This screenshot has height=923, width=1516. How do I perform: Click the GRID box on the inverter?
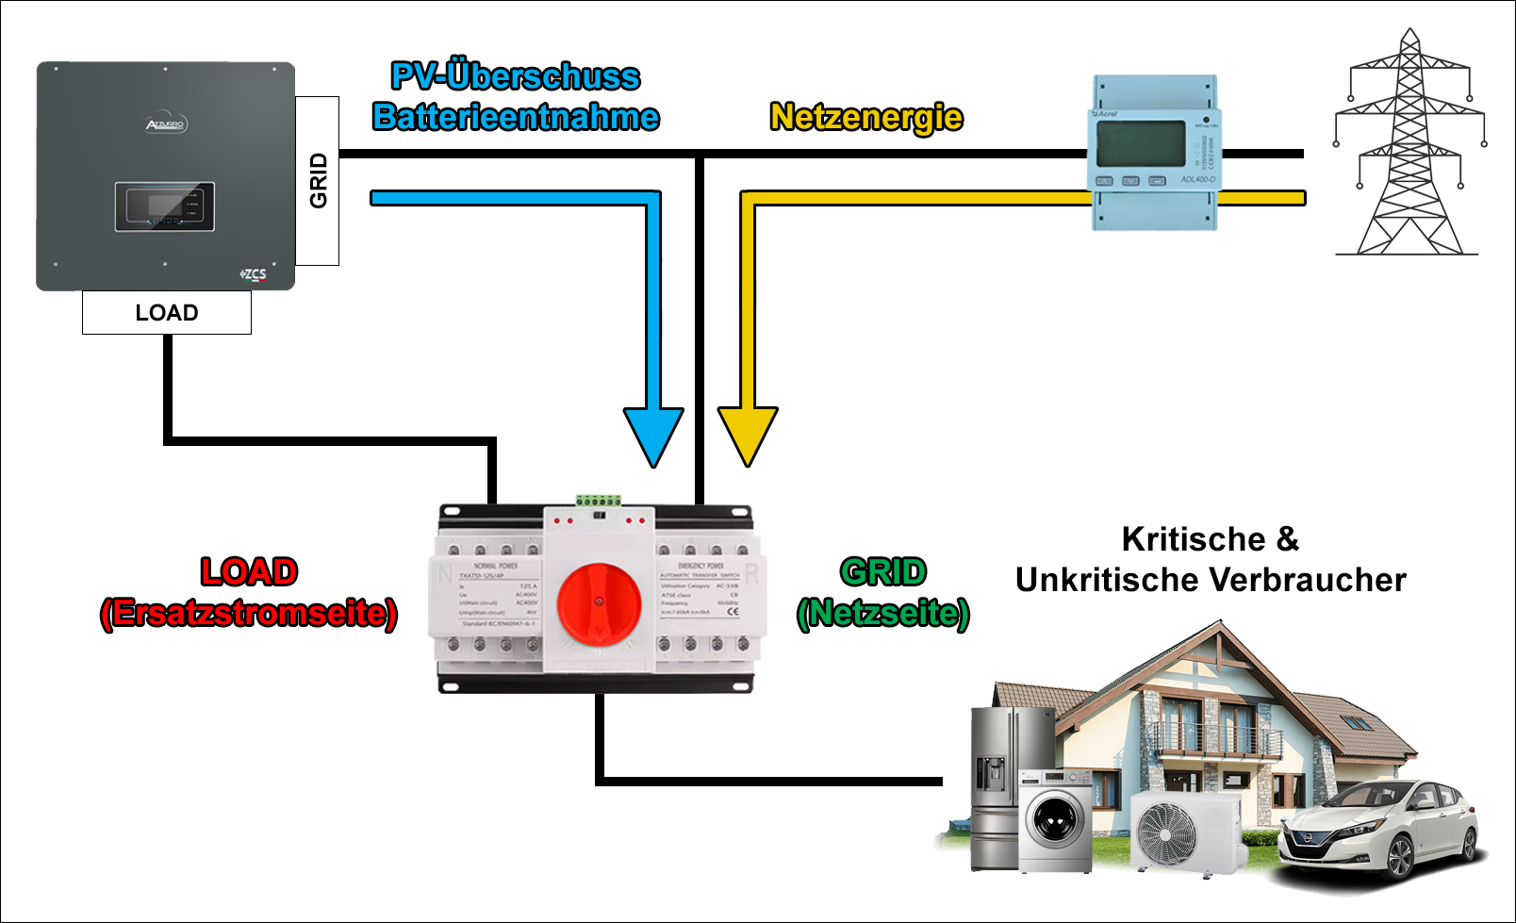(318, 180)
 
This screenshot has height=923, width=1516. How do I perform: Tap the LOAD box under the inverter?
(167, 312)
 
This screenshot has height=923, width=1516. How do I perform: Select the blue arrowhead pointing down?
(653, 436)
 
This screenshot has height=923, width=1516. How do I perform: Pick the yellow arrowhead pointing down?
(748, 436)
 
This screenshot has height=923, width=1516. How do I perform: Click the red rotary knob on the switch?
(599, 603)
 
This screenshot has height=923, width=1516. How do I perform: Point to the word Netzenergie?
(866, 118)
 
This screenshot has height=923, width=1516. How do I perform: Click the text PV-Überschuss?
(516, 76)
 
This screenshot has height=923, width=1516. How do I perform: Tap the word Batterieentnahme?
(516, 117)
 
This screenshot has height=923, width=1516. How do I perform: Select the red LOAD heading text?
(249, 572)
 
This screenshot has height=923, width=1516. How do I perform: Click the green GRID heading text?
(883, 572)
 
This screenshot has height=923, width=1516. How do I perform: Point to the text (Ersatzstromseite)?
(249, 613)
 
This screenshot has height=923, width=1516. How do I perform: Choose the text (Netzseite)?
(883, 613)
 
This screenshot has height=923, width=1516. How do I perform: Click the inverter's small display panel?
(165, 206)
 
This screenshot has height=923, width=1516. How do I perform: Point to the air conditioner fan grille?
(1166, 833)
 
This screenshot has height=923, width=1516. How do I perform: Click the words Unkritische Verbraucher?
(1211, 580)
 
